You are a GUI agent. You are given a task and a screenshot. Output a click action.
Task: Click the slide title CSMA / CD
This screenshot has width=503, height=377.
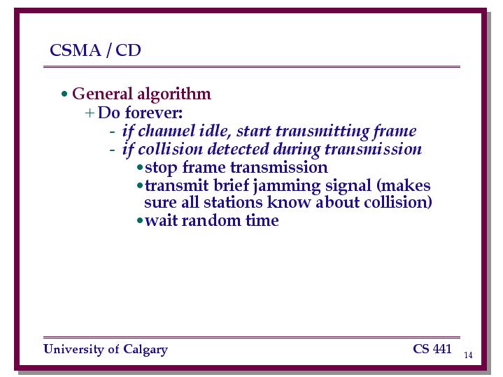(x=95, y=50)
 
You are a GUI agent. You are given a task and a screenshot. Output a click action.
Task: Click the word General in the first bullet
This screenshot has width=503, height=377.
(x=102, y=94)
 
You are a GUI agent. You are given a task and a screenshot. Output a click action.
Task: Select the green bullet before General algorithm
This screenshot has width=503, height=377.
(x=64, y=94)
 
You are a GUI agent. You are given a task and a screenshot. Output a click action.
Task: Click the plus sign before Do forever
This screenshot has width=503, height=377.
(x=90, y=113)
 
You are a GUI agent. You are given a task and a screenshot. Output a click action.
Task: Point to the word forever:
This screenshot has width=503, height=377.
(x=154, y=113)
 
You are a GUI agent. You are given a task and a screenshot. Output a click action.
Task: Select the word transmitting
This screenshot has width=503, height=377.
(x=322, y=131)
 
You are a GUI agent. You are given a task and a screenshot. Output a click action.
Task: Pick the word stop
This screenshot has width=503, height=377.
(x=161, y=168)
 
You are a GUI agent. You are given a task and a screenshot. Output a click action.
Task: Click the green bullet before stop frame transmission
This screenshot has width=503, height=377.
(x=140, y=167)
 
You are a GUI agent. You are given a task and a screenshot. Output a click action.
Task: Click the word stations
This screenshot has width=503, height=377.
(x=233, y=202)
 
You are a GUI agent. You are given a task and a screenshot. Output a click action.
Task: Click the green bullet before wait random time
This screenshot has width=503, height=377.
(x=140, y=220)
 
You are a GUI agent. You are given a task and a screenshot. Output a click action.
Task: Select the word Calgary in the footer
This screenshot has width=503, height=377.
(x=146, y=350)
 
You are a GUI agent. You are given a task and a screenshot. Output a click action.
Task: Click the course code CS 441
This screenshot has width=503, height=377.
(x=432, y=349)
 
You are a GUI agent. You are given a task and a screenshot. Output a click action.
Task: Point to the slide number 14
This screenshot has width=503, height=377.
(x=468, y=355)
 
